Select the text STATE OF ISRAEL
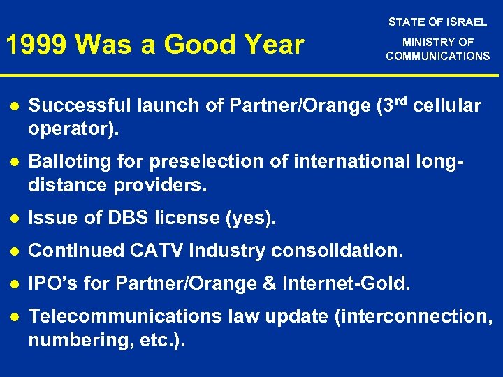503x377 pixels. coord(437,22)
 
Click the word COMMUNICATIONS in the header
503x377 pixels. coord(438,57)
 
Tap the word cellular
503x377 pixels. coord(448,106)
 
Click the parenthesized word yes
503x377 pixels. coord(250,219)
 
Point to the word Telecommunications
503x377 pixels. coord(126,316)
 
